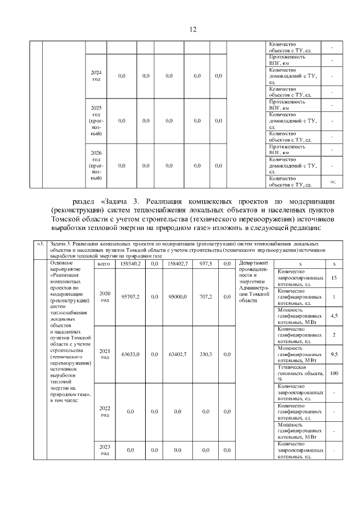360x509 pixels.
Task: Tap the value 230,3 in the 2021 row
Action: click(x=205, y=354)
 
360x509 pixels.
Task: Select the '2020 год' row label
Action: click(x=105, y=296)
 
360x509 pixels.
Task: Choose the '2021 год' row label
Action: click(x=105, y=354)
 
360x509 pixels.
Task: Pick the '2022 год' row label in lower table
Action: click(x=105, y=412)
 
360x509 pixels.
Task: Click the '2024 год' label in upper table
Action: click(x=96, y=76)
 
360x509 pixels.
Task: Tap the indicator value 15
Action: click(x=334, y=278)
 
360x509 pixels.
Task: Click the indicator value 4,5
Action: click(x=334, y=316)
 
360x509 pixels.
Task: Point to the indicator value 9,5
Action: click(x=334, y=354)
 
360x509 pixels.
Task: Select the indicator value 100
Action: click(x=334, y=373)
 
